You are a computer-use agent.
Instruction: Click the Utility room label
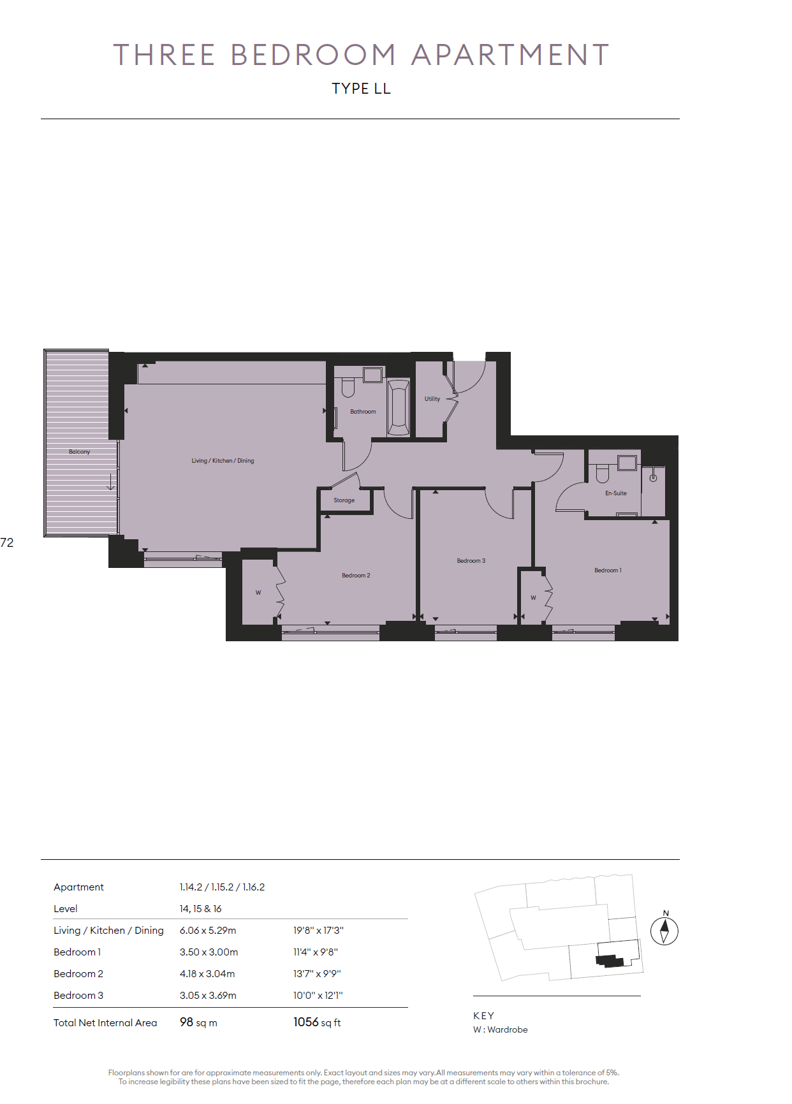pyautogui.click(x=432, y=399)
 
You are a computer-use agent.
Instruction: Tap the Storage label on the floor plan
pyautogui.click(x=344, y=500)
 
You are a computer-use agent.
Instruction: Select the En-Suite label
pyautogui.click(x=616, y=493)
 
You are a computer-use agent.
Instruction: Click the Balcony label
pyautogui.click(x=80, y=452)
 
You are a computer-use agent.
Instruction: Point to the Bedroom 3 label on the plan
pyautogui.click(x=471, y=561)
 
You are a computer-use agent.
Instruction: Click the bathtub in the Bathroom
pyautogui.click(x=399, y=408)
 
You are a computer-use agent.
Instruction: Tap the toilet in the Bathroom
pyautogui.click(x=348, y=388)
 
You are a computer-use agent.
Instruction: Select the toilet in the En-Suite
pyautogui.click(x=603, y=474)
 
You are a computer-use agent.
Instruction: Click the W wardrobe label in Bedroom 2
pyautogui.click(x=258, y=593)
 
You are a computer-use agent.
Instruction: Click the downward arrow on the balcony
pyautogui.click(x=110, y=482)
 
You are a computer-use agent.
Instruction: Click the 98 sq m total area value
pyautogui.click(x=198, y=1022)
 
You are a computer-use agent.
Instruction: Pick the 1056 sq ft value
pyautogui.click(x=317, y=1022)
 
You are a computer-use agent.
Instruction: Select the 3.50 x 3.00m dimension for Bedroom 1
pyautogui.click(x=209, y=952)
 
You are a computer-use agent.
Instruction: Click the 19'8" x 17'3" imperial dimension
pyautogui.click(x=318, y=931)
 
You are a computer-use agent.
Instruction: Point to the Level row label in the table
pyautogui.click(x=66, y=909)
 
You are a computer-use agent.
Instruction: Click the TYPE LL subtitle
pyautogui.click(x=361, y=89)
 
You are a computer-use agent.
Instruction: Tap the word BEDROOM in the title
pyautogui.click(x=313, y=55)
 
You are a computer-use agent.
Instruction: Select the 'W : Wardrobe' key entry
pyautogui.click(x=501, y=1029)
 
